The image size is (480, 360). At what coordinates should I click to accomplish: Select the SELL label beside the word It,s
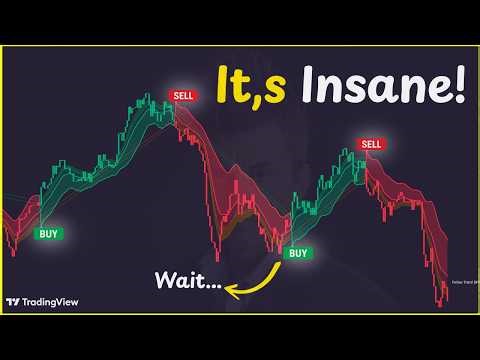(x=183, y=95)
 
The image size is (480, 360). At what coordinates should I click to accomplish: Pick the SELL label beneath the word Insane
(x=371, y=144)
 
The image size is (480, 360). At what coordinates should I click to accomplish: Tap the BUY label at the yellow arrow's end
(x=298, y=253)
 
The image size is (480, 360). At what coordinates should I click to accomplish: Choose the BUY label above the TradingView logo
(x=47, y=233)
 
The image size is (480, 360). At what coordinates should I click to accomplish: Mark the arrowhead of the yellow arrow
(x=229, y=291)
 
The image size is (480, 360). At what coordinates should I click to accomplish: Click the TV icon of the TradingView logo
(x=13, y=301)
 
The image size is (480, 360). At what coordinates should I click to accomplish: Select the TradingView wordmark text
(x=52, y=301)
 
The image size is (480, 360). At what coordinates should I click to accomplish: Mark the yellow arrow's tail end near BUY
(x=278, y=262)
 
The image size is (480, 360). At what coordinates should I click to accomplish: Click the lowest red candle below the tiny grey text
(x=441, y=301)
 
